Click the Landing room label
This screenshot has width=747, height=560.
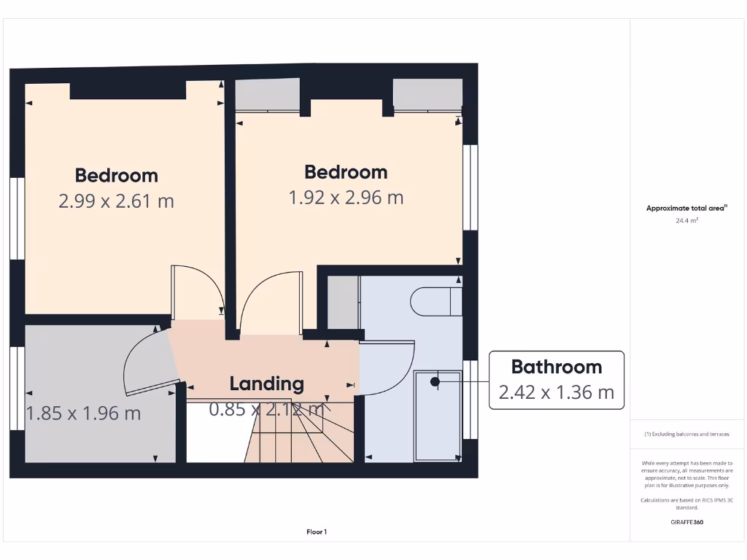(x=266, y=384)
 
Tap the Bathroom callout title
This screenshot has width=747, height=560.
(x=556, y=367)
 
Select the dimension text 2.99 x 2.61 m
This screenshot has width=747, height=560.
(x=116, y=201)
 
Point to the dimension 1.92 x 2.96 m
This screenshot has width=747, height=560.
(x=346, y=198)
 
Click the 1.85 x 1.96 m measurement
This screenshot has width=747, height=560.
(x=83, y=413)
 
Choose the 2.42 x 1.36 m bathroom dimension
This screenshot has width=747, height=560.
(x=556, y=392)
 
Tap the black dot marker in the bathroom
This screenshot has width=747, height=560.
(x=435, y=381)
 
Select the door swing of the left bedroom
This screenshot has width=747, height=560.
(x=197, y=292)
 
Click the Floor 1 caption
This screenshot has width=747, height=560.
(x=317, y=532)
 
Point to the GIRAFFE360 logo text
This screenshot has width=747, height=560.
(x=686, y=522)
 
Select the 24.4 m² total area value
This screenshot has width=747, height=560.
(x=686, y=219)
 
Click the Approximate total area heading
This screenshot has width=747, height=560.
(x=686, y=209)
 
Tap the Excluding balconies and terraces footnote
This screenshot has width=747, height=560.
(x=686, y=434)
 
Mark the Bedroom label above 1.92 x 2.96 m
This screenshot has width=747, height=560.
(x=346, y=172)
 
